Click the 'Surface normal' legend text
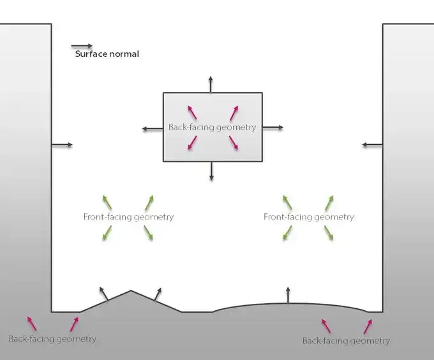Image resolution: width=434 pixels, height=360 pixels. point(107,54)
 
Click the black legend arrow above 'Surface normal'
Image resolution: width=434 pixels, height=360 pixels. point(82,46)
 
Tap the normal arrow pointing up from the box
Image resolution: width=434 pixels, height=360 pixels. point(211,84)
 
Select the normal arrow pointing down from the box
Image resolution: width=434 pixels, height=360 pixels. point(211,171)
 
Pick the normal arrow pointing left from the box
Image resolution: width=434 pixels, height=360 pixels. point(153,129)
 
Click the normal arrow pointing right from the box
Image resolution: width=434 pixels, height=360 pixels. point(273,128)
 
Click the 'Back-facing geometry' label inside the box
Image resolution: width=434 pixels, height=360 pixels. point(212,127)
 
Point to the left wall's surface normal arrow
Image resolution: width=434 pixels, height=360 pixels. point(62,145)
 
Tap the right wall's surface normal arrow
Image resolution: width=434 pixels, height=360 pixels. point(372,145)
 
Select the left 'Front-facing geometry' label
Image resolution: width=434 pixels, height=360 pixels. point(128,217)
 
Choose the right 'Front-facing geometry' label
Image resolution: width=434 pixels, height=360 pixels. point(308,217)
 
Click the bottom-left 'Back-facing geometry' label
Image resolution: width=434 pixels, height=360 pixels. point(52,339)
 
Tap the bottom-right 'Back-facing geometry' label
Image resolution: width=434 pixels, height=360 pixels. point(345,341)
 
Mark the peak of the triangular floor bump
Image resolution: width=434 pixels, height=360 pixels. point(131,291)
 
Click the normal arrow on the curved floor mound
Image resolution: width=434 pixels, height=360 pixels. point(287,296)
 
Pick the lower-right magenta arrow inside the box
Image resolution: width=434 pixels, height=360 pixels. point(234,143)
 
